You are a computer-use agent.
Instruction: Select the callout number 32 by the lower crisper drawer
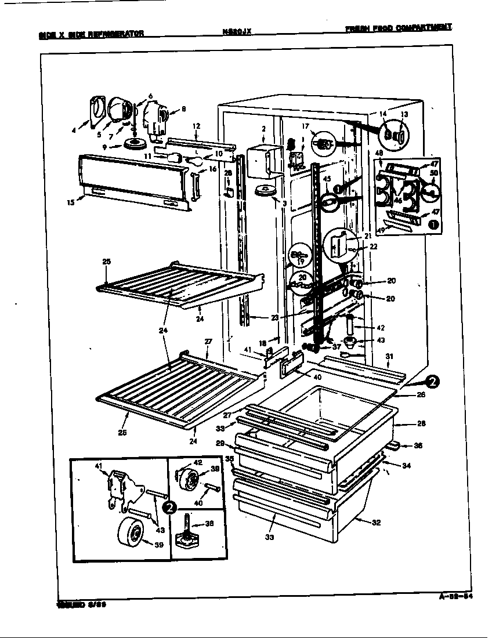pyautogui.click(x=376, y=523)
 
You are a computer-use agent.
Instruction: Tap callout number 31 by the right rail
pyautogui.click(x=389, y=356)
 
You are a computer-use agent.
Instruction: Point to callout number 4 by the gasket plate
pyautogui.click(x=74, y=130)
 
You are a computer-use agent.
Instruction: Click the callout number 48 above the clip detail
pyautogui.click(x=379, y=153)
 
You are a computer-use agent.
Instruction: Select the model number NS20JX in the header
pyautogui.click(x=236, y=32)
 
